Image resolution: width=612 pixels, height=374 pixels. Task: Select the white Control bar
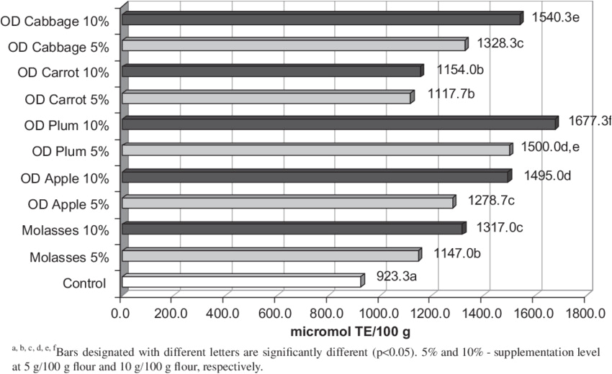pyautogui.click(x=241, y=282)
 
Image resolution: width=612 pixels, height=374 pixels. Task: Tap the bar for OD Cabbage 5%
pyautogui.click(x=294, y=45)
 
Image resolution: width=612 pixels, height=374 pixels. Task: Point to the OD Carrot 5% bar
pyautogui.click(x=266, y=98)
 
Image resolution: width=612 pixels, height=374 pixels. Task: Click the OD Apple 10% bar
pyautogui.click(x=315, y=176)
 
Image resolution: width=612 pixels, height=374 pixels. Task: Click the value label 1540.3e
pyautogui.click(x=555, y=17)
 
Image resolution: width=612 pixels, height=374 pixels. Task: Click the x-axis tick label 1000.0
pyautogui.click(x=378, y=314)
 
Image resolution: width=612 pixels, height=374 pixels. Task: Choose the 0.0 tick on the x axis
pyautogui.click(x=122, y=314)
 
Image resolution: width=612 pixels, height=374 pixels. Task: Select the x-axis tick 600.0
pyautogui.click(x=275, y=314)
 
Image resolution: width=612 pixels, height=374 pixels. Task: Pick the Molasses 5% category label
pyautogui.click(x=69, y=257)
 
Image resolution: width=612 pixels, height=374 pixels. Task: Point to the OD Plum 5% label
pyautogui.click(x=71, y=152)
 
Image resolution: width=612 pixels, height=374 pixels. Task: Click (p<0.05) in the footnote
pyautogui.click(x=400, y=353)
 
